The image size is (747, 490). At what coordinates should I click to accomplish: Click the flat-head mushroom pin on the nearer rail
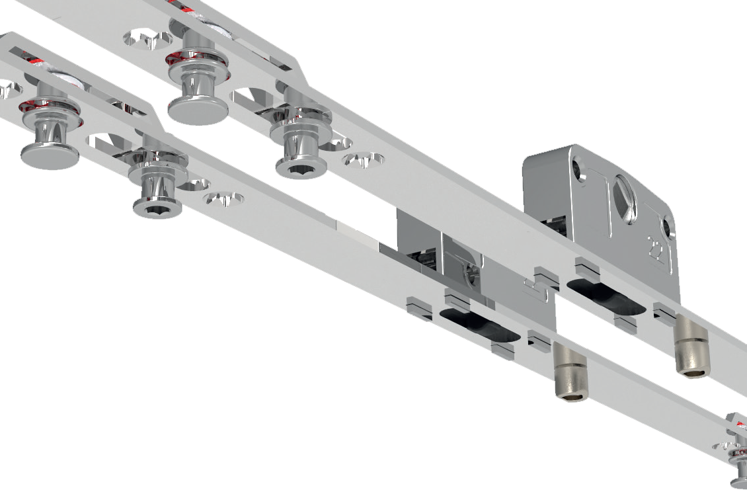(49, 156)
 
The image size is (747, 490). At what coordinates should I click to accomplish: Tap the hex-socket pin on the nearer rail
(157, 206)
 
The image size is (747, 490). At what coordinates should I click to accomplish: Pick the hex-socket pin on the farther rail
(301, 166)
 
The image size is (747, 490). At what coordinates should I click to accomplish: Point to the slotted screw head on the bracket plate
(625, 198)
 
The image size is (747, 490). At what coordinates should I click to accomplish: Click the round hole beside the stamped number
(668, 228)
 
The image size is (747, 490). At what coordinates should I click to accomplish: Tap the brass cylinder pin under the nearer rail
(570, 376)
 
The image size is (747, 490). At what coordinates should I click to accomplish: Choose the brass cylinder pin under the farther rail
(691, 353)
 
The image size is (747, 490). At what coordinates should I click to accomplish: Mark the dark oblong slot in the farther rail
(605, 296)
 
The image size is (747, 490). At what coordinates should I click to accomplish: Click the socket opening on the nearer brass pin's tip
(571, 396)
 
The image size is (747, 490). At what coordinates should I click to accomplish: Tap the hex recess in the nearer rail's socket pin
(157, 211)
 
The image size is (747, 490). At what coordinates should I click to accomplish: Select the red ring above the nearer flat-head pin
(49, 108)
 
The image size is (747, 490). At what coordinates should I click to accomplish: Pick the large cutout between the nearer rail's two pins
(106, 142)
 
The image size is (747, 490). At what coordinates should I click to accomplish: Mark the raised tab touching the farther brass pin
(664, 313)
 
